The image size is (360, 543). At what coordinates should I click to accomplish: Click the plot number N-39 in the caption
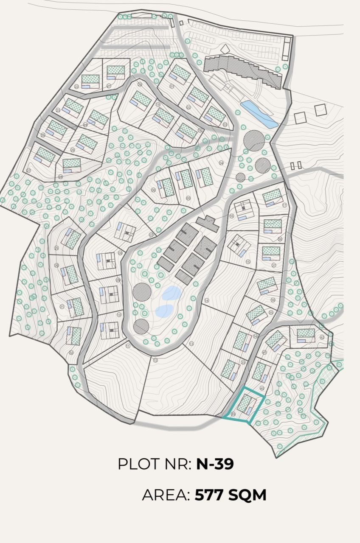click(215, 464)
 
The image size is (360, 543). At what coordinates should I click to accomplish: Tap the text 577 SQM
click(231, 495)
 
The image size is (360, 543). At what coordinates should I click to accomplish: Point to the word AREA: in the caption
click(166, 495)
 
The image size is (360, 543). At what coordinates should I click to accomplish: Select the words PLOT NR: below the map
click(155, 464)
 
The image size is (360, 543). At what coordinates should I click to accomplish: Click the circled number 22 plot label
click(76, 87)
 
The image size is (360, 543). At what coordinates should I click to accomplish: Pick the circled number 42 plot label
click(322, 337)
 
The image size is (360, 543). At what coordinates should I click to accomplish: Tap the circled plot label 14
click(207, 300)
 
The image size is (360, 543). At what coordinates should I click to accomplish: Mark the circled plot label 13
click(191, 343)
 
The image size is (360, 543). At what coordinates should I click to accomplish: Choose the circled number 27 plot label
click(29, 170)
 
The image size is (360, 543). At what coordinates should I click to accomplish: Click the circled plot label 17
click(284, 205)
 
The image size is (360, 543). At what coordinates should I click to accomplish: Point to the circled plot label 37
click(274, 265)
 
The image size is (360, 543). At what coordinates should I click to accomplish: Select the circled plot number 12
click(155, 360)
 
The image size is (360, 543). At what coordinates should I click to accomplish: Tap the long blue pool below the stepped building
click(259, 114)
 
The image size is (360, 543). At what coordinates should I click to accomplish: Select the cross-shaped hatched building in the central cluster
click(208, 223)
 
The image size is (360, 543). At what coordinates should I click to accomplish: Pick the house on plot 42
click(306, 335)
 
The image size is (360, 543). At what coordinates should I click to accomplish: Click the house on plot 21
click(115, 73)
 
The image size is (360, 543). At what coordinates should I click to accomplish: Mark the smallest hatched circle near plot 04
click(240, 177)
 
